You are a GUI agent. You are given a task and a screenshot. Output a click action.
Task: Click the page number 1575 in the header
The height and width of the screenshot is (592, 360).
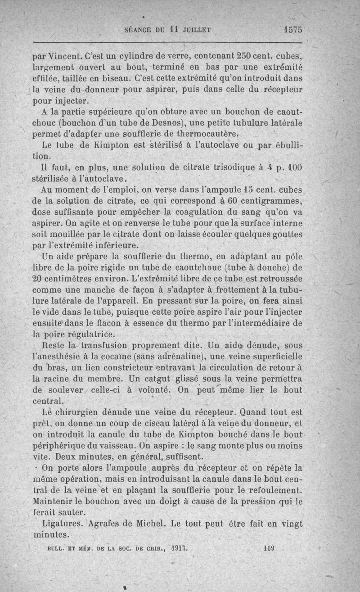click(293, 30)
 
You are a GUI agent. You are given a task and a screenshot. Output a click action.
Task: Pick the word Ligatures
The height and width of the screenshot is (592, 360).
click(63, 524)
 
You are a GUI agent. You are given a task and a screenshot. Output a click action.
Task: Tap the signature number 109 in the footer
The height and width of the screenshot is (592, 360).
click(270, 549)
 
